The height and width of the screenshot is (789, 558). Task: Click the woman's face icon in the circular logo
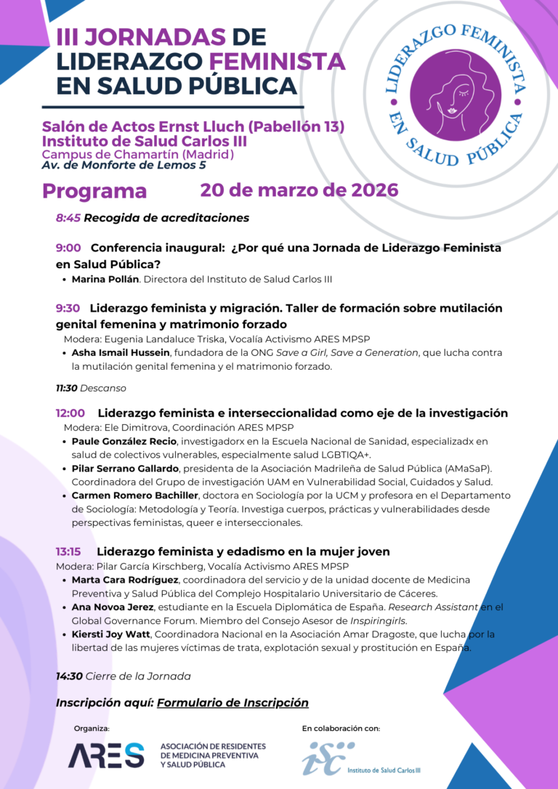click(455, 95)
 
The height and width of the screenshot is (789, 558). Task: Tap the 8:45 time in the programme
click(68, 218)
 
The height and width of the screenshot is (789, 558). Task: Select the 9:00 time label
click(68, 248)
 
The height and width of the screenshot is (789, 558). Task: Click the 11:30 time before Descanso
click(66, 389)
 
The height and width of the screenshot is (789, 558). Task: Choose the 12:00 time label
click(70, 413)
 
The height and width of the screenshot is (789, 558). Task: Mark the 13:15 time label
click(68, 551)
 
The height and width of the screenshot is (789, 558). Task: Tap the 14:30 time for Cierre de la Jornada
click(69, 676)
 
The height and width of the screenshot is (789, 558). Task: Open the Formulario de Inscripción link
click(232, 703)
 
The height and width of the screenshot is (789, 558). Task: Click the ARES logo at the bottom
click(106, 756)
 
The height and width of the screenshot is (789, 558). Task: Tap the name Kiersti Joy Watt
click(110, 634)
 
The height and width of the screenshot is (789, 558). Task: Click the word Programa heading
click(94, 191)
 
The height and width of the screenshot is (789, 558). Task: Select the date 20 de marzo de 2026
click(299, 190)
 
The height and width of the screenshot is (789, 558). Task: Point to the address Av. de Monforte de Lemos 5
click(124, 166)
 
